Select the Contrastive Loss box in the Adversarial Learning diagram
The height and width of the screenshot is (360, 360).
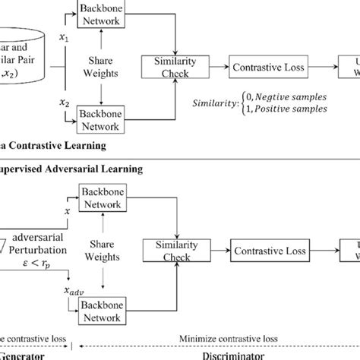(264, 250)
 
